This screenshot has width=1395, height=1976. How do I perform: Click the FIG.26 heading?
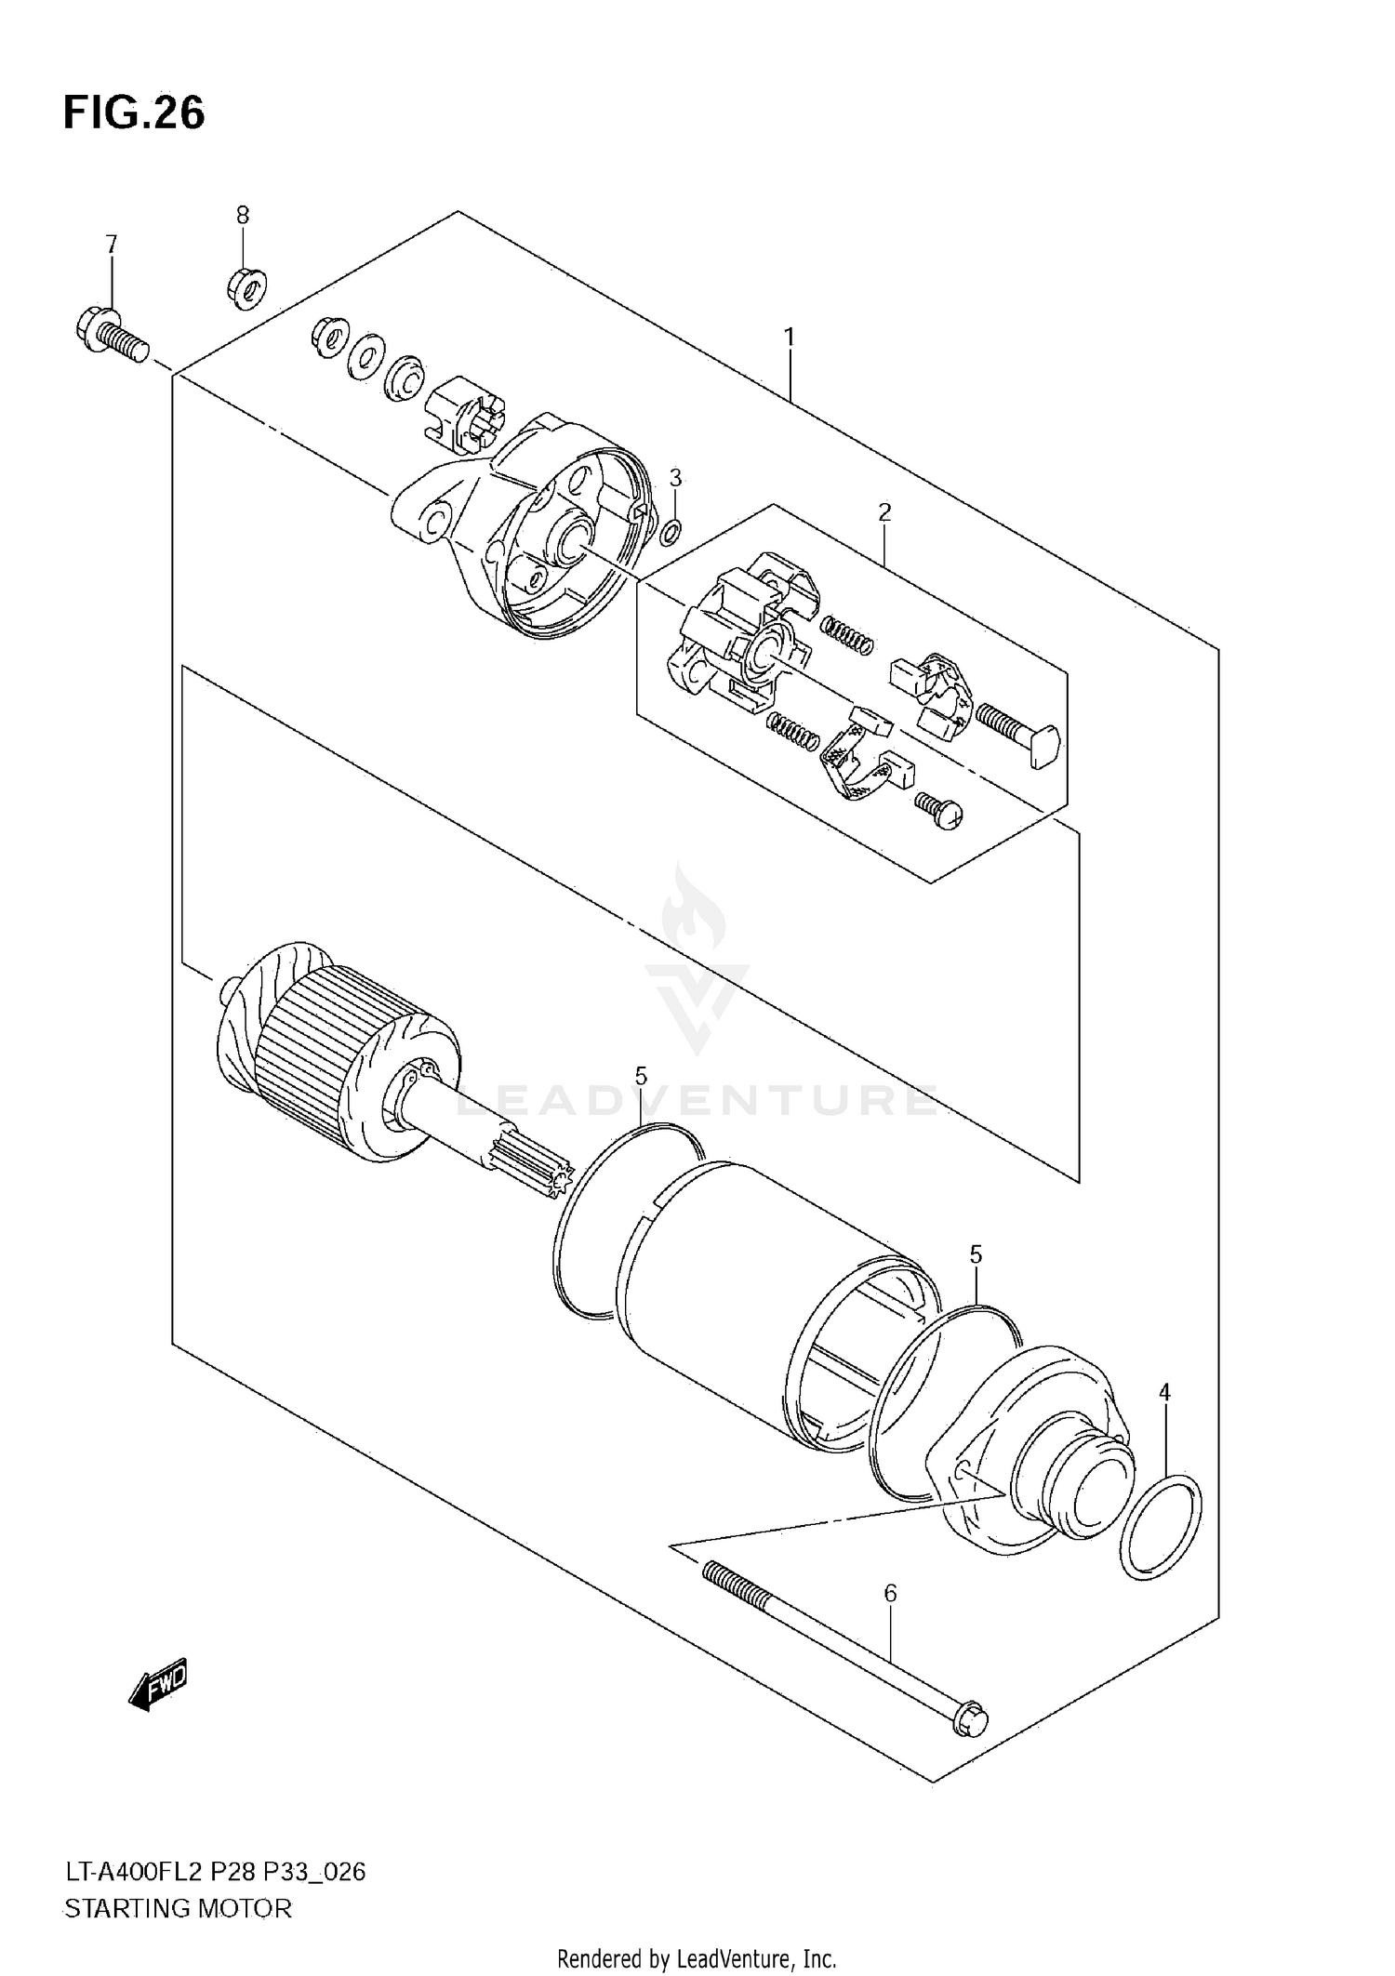tap(134, 113)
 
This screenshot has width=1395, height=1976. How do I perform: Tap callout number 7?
tap(112, 245)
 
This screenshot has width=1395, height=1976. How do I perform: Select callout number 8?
tap(243, 216)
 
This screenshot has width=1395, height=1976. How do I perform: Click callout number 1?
tap(789, 338)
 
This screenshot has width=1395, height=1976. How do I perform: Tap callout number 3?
tap(675, 478)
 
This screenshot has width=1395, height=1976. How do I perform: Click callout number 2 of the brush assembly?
tap(884, 511)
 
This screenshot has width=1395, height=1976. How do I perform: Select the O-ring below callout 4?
tap(1161, 1526)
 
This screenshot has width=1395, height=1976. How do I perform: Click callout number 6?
tap(890, 1594)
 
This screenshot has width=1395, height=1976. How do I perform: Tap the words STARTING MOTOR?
tap(177, 1908)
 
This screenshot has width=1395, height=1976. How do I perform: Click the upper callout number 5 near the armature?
tap(641, 1076)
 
